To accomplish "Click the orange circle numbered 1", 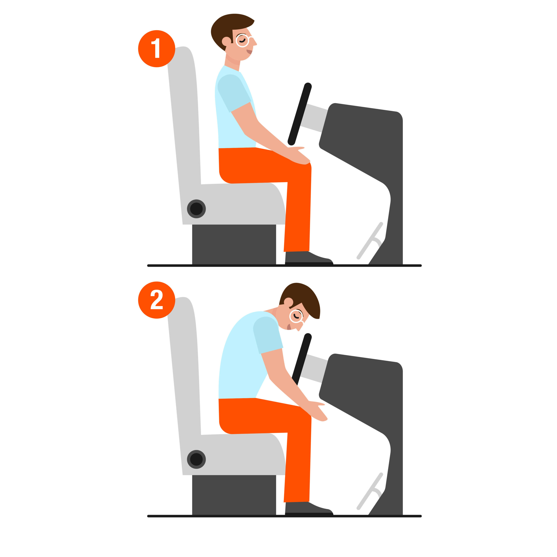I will coord(157,49).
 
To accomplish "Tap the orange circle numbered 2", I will coord(157,300).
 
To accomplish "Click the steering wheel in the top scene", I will coord(300,114).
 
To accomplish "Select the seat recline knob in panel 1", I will coord(196,209).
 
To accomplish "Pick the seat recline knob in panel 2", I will coord(196,459).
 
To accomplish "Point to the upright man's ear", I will coord(226,41).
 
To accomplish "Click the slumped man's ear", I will coord(288,302).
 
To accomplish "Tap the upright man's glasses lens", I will coord(242,41).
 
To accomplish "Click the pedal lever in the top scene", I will coord(370,241).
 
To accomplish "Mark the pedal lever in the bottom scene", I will coord(370,491).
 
